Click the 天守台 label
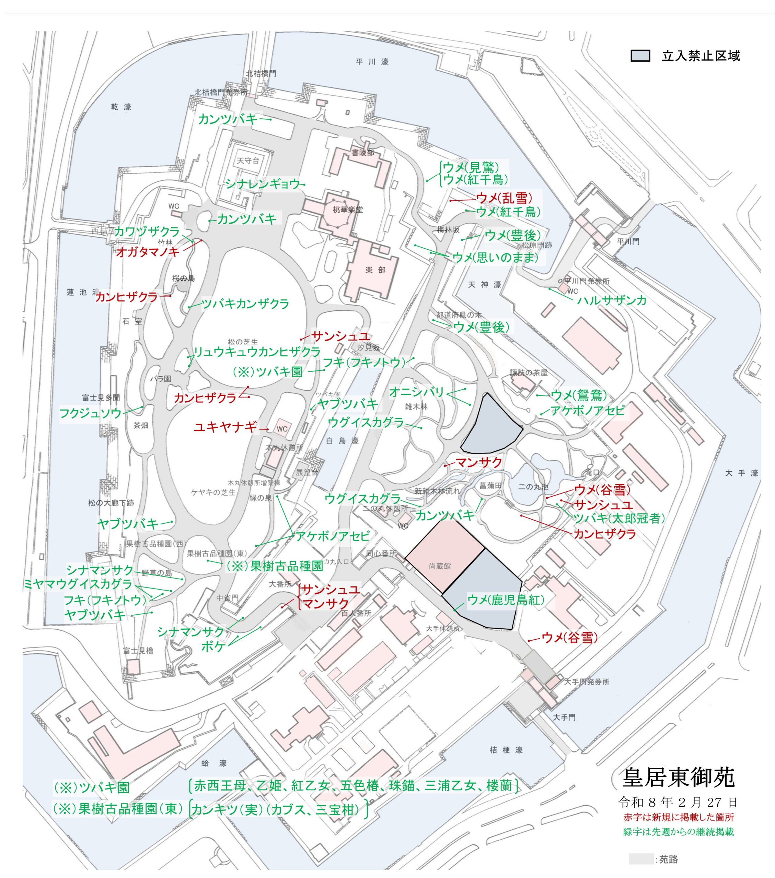coord(248,161)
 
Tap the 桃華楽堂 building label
coord(347,210)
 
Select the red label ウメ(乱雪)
coord(504,198)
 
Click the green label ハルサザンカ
coord(612,300)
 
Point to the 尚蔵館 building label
coord(440,566)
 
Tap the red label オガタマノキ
coord(148,252)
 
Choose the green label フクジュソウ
coord(90,413)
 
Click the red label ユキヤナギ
coord(225,427)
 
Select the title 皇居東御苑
coord(678,777)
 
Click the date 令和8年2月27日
coord(678,802)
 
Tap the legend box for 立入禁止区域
coord(640,56)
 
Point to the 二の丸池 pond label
coord(533,487)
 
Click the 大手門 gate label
coord(564,717)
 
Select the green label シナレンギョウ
coord(263,184)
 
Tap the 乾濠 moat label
coord(121,107)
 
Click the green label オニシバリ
coord(416,392)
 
